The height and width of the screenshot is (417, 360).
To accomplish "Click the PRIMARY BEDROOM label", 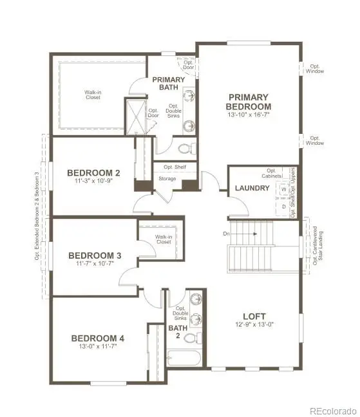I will point(249,102).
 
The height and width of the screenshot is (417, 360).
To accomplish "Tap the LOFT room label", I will point(254,316).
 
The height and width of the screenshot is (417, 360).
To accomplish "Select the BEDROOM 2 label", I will point(94,172).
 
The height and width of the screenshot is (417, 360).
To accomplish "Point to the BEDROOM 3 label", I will point(95,255).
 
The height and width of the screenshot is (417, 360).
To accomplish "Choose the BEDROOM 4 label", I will point(98,338).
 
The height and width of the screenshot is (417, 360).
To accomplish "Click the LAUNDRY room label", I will point(251,189).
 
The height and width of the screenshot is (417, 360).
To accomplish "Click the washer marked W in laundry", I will point(282,190).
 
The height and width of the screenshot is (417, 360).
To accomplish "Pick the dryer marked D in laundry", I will point(282,207).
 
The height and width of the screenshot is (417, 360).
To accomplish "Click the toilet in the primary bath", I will point(185,149).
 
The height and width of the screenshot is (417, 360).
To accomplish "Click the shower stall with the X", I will point(137,116).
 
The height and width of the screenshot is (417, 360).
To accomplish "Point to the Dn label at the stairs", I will point(226,234).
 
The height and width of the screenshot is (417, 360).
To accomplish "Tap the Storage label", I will point(167,179).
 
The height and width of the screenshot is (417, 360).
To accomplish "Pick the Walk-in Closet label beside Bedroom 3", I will point(163,239).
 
